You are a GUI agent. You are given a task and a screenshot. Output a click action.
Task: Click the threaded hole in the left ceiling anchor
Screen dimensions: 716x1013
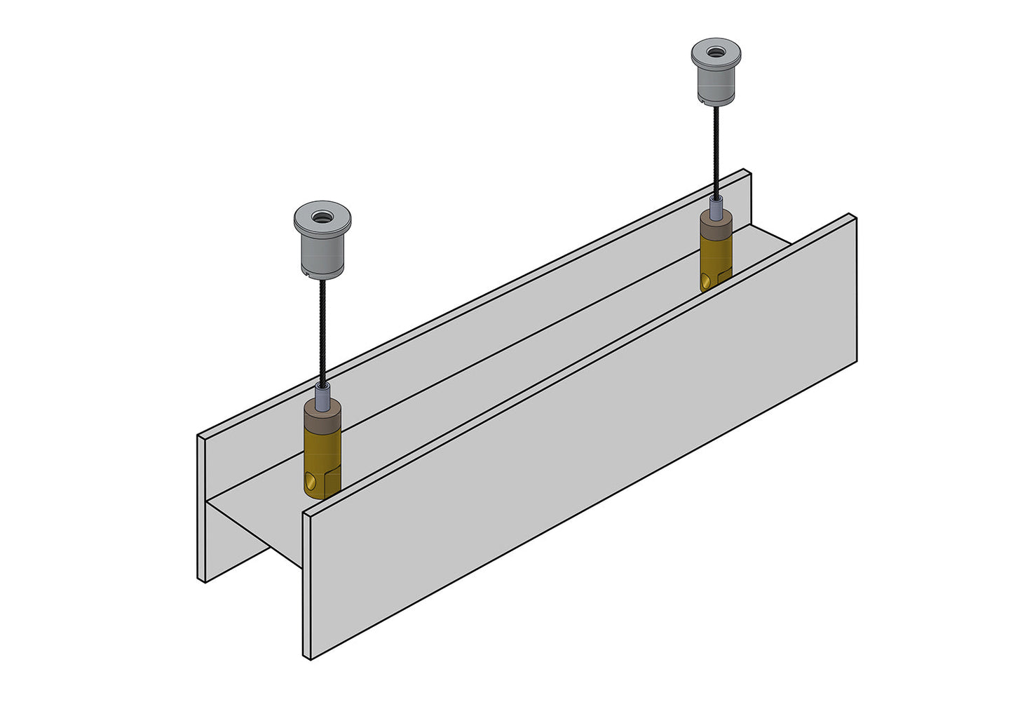point(322,217)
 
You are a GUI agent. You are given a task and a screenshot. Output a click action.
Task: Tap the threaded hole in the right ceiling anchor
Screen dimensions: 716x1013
point(716,51)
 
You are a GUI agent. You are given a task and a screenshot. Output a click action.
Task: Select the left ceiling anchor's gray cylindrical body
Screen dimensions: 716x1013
point(322,253)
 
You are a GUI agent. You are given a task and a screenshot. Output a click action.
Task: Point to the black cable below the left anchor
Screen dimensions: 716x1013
point(322,330)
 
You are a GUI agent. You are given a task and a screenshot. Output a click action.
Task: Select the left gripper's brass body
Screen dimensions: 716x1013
point(322,456)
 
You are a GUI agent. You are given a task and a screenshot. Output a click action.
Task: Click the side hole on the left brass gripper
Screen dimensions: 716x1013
point(311,484)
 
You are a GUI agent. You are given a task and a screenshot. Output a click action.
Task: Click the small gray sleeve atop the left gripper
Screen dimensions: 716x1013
point(322,396)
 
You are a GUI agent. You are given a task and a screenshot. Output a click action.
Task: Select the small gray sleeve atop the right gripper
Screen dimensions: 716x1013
point(716,207)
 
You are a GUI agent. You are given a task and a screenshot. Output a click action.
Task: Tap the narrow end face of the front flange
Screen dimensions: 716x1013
point(307,586)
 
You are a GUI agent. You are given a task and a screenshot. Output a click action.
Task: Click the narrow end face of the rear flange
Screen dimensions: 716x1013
point(201,508)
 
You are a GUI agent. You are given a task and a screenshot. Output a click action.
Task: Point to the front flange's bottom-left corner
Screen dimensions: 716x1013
point(308,658)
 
